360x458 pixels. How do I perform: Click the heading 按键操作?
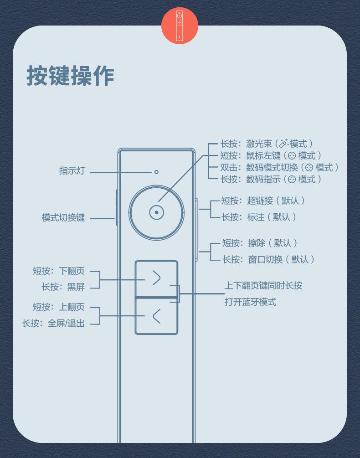pyautogui.click(x=70, y=76)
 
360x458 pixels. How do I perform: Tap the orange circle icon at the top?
pyautogui.click(x=180, y=26)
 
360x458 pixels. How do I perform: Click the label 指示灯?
pyautogui.click(x=72, y=171)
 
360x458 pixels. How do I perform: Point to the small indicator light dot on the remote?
pyautogui.click(x=156, y=172)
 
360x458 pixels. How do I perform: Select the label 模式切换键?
pyautogui.click(x=63, y=217)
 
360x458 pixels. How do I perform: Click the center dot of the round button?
pyautogui.click(x=156, y=212)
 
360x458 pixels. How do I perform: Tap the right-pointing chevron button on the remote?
pyautogui.click(x=156, y=278)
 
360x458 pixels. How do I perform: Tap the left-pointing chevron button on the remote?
pyautogui.click(x=156, y=316)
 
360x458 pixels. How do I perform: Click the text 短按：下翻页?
pyautogui.click(x=59, y=271)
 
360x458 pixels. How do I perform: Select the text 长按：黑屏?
pyautogui.click(x=63, y=287)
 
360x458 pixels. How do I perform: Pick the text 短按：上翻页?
pyautogui.click(x=59, y=307)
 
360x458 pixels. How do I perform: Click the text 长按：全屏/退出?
pyautogui.click(x=53, y=324)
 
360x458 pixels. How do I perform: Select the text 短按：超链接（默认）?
pyautogui.click(x=263, y=201)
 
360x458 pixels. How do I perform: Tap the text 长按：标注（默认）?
pyautogui.click(x=259, y=217)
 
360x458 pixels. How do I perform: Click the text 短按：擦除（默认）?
pyautogui.click(x=259, y=243)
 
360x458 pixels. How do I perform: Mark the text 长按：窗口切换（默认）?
pyautogui.click(x=268, y=259)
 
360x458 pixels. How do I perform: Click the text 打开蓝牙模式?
pyautogui.click(x=250, y=302)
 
